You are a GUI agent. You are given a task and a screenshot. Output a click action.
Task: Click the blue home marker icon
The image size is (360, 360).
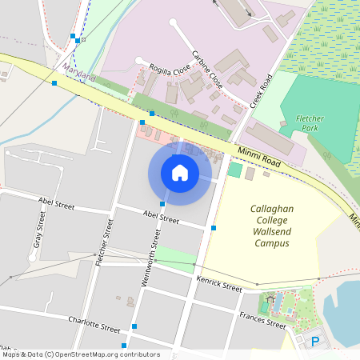click(180, 172)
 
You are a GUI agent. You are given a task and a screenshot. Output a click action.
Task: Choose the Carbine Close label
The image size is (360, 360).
click(206, 70)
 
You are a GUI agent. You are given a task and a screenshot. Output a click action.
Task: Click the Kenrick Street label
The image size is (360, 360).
click(218, 283)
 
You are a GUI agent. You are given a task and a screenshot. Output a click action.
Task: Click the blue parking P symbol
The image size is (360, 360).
click(314, 342)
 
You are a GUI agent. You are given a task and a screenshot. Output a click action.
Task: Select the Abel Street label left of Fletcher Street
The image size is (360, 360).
click(55, 206)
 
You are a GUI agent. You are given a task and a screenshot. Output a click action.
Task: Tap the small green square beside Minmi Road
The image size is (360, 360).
click(234, 170)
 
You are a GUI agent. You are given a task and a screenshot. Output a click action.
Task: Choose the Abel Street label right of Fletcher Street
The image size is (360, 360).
click(158, 217)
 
